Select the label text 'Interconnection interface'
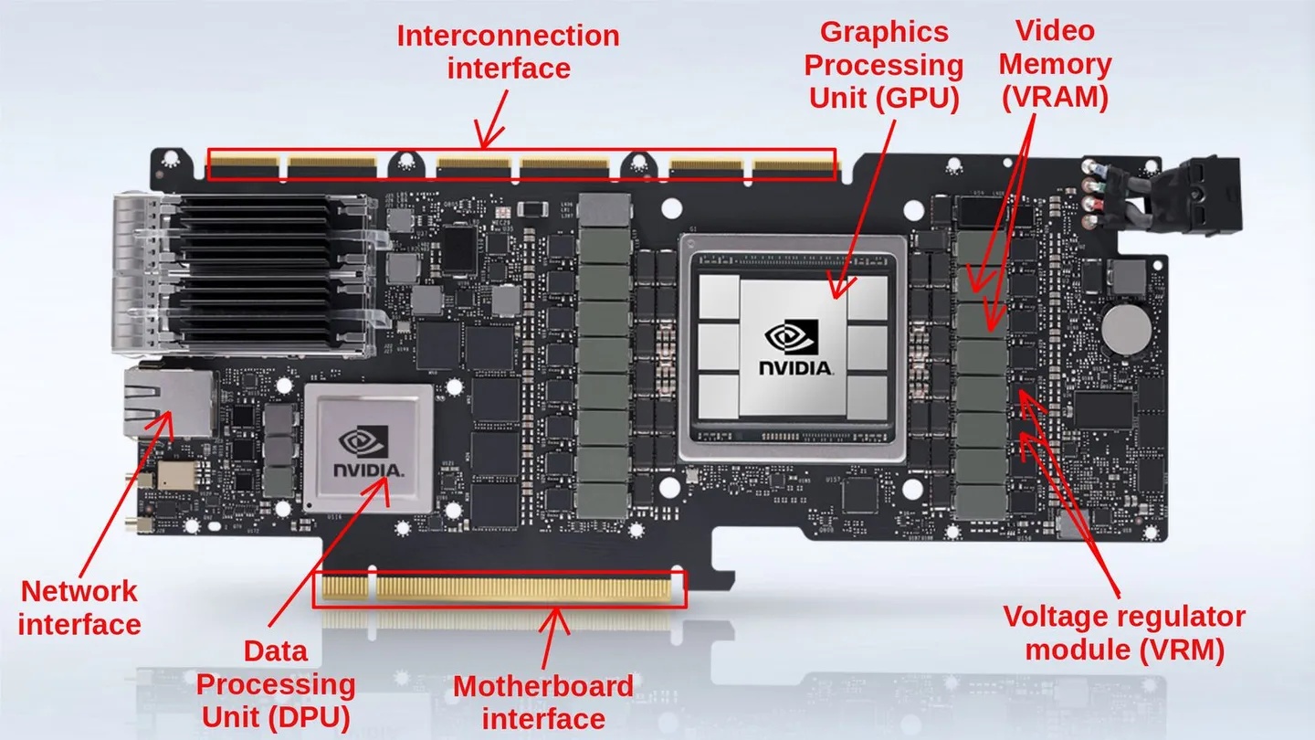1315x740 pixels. (x=508, y=52)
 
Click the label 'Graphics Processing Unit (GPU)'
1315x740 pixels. (x=884, y=65)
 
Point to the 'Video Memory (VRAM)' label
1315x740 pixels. (x=1055, y=65)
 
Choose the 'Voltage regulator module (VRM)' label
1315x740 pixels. (x=1123, y=632)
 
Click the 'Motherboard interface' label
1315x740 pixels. (x=543, y=702)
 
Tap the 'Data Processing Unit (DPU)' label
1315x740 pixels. (x=276, y=684)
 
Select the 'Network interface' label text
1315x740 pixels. (x=79, y=608)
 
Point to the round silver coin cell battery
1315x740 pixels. (x=1124, y=328)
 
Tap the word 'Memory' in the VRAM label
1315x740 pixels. (x=1055, y=65)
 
